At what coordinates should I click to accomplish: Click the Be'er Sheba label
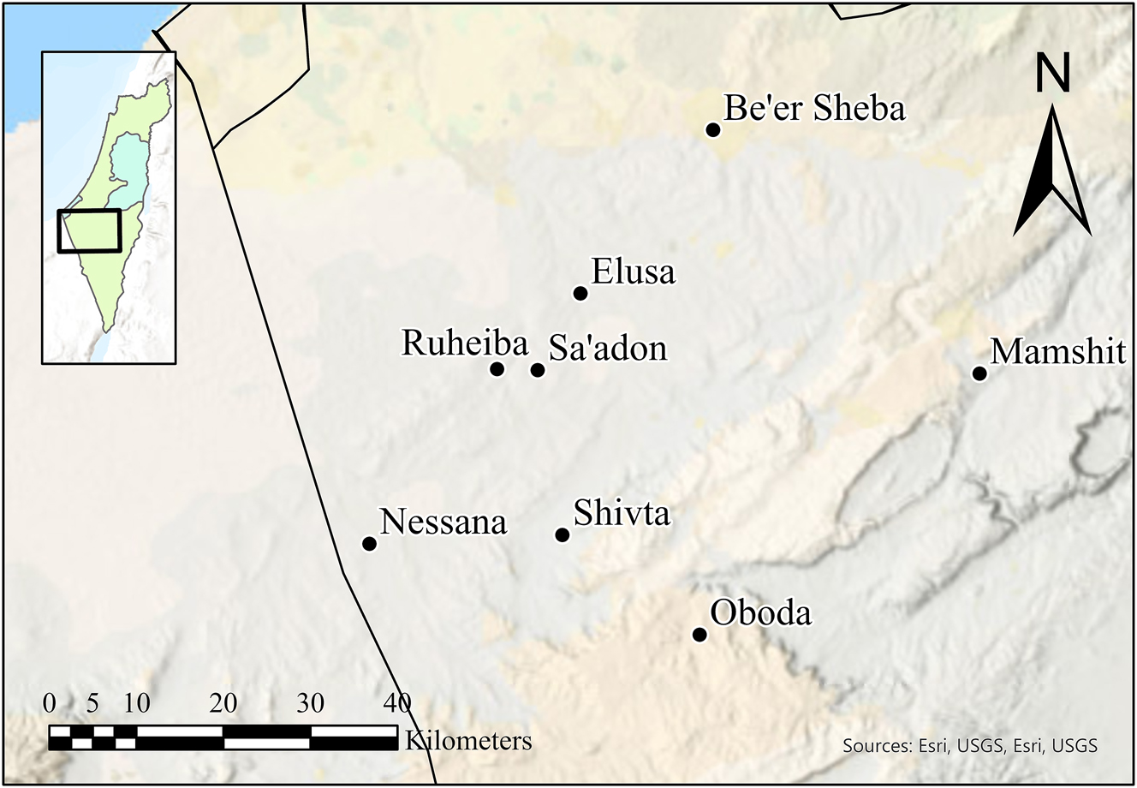(814, 110)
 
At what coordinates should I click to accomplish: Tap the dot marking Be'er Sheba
(712, 129)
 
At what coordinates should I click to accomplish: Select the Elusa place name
(634, 273)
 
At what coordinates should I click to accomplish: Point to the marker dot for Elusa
(580, 294)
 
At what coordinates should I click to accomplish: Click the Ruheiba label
(465, 344)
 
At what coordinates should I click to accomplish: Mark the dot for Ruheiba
(497, 369)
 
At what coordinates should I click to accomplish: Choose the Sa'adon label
(608, 349)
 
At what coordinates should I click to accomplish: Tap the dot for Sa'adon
(538, 370)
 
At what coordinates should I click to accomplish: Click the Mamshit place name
(1057, 352)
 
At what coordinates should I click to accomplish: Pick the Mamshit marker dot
(979, 373)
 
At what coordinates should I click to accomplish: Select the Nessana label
(443, 522)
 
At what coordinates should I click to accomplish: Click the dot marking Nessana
(369, 544)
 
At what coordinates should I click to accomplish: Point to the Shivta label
(622, 514)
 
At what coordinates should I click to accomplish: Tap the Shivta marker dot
(563, 535)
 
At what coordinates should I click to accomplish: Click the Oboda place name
(761, 613)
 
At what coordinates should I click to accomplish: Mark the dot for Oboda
(699, 635)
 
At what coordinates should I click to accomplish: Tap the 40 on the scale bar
(397, 704)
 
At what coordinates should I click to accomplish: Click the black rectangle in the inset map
(90, 230)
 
